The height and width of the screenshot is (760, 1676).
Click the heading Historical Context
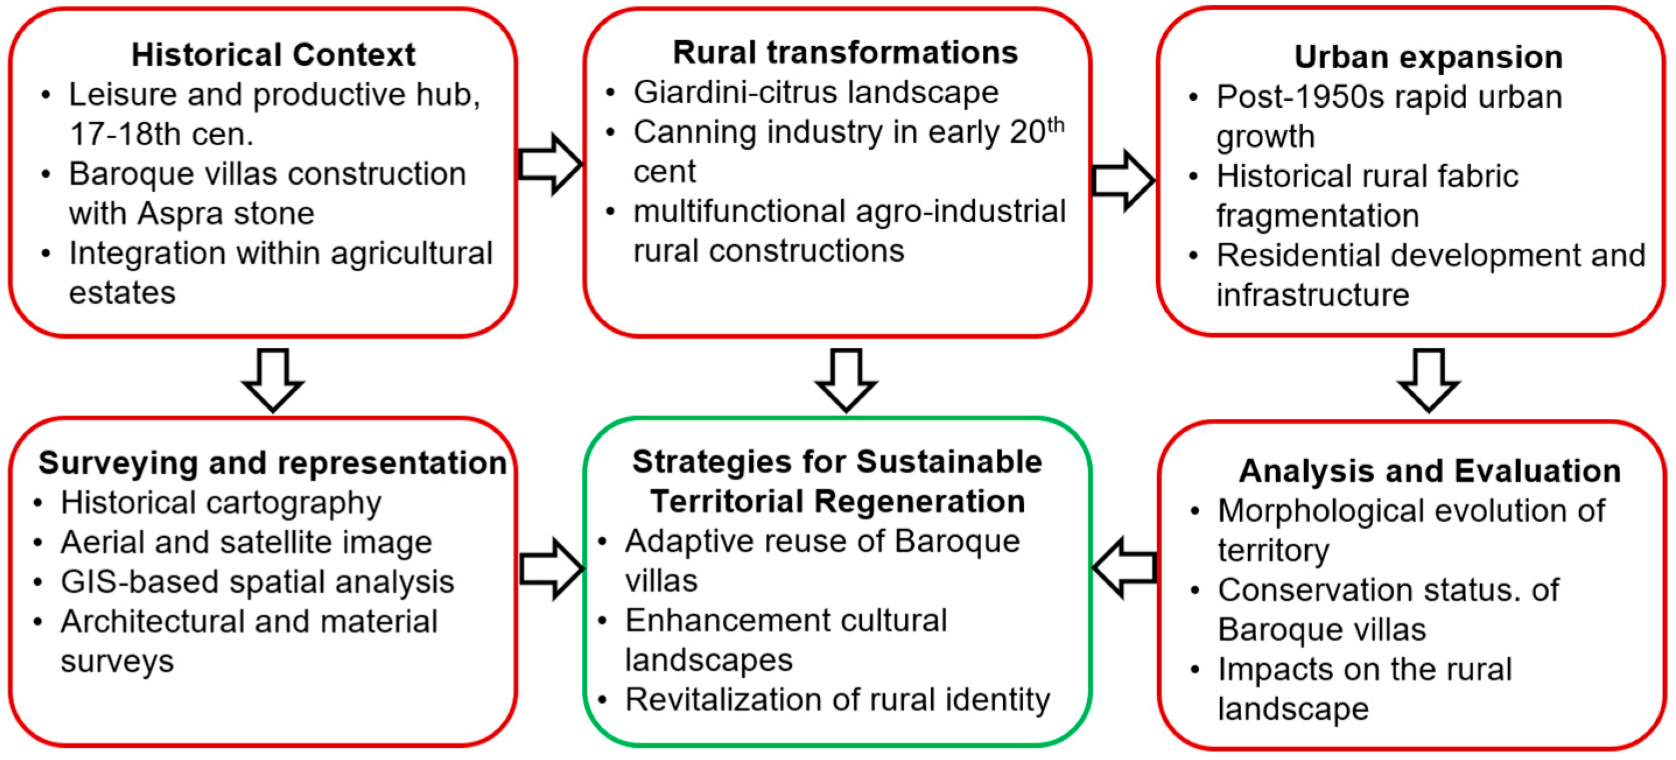tap(273, 55)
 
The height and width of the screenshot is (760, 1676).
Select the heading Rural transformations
tap(845, 52)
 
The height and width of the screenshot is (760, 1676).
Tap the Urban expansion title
tap(1428, 57)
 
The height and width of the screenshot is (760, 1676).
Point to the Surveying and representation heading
tap(273, 463)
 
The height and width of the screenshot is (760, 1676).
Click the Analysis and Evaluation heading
tap(1429, 471)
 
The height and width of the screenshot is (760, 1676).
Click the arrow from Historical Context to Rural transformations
tap(550, 164)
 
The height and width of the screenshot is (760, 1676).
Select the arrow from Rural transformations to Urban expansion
tap(1123, 181)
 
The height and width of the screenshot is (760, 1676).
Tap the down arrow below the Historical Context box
tap(273, 380)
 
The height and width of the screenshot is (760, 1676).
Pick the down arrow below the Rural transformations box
tap(846, 380)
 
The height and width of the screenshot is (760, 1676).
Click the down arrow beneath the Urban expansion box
tap(1429, 380)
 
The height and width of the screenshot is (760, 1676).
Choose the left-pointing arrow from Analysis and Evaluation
tap(1125, 568)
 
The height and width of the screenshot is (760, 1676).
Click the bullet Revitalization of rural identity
tap(837, 701)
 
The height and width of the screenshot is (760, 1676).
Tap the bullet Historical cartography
tap(220, 504)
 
